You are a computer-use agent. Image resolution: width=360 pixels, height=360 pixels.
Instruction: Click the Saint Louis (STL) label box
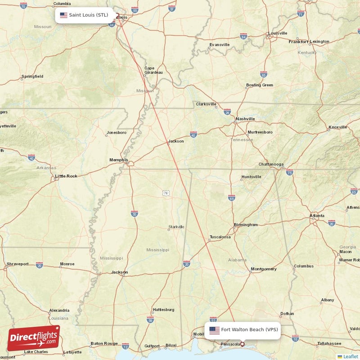(x=84, y=15)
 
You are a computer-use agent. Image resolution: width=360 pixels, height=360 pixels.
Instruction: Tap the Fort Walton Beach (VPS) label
(x=243, y=330)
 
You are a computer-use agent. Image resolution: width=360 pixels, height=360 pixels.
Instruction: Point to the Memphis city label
(x=119, y=160)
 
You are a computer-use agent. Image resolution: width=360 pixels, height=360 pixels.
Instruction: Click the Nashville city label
(x=245, y=119)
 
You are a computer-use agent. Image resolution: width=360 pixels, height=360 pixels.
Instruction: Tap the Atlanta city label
(x=317, y=216)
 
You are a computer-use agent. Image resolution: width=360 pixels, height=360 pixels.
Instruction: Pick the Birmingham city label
(x=246, y=225)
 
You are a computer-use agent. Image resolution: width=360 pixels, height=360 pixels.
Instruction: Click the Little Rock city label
(x=66, y=176)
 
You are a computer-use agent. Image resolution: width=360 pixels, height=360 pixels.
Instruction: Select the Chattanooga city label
(x=271, y=164)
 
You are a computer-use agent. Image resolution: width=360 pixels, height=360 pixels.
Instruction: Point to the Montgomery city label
(x=264, y=269)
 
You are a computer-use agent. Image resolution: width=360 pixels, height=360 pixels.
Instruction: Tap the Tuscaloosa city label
(x=220, y=237)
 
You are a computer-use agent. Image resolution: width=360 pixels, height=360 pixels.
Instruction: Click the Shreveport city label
(x=18, y=264)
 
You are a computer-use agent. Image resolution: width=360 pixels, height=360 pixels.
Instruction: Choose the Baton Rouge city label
(x=104, y=343)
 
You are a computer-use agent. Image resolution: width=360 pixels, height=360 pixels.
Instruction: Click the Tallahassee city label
(x=328, y=343)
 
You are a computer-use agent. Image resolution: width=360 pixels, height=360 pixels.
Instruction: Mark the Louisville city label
(x=278, y=33)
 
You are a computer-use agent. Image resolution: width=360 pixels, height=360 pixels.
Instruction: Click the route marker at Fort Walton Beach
(x=243, y=344)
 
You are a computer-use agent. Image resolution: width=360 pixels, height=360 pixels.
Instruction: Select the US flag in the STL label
(x=63, y=15)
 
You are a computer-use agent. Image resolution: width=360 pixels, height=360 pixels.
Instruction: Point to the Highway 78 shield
(x=166, y=193)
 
